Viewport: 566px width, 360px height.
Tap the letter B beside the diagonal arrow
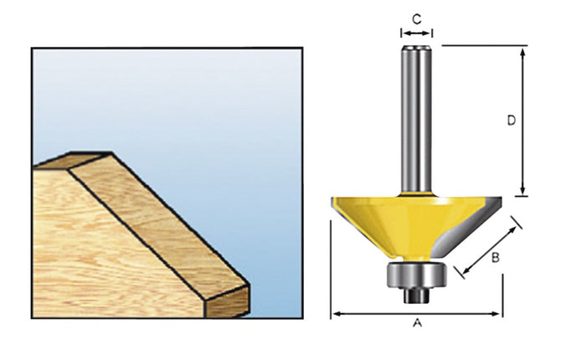(495, 259)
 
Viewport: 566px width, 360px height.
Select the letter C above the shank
(416, 16)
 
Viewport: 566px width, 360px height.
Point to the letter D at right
(511, 120)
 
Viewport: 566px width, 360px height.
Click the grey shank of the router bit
(416, 126)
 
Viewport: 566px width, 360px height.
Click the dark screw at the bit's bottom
(415, 294)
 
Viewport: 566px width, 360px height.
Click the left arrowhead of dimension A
(335, 314)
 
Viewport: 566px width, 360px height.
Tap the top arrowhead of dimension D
(522, 50)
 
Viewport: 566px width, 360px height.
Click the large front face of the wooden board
(100, 260)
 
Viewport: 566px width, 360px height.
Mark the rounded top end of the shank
(416, 49)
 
